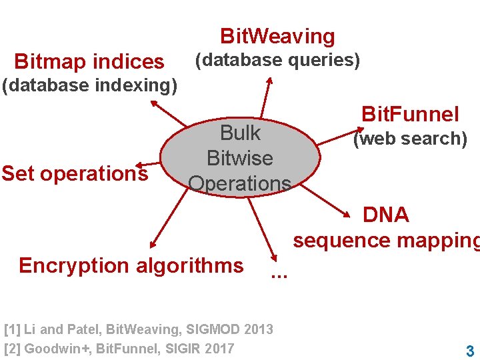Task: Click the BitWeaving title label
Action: [x=277, y=36]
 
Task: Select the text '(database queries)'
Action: [x=277, y=61]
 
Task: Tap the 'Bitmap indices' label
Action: [x=89, y=62]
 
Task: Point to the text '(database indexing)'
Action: [x=89, y=86]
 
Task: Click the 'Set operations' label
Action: [x=74, y=174]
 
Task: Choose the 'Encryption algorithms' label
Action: [x=131, y=265]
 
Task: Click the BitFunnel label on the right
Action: [x=409, y=114]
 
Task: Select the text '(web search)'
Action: [x=409, y=139]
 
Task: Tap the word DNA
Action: [x=385, y=215]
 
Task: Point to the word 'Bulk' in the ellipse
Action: [x=240, y=133]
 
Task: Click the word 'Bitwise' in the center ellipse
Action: [x=240, y=159]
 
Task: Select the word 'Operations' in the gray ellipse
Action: [x=240, y=183]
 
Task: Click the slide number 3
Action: [x=470, y=351]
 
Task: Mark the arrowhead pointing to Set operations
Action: [x=138, y=165]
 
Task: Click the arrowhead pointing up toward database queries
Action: [x=269, y=81]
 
